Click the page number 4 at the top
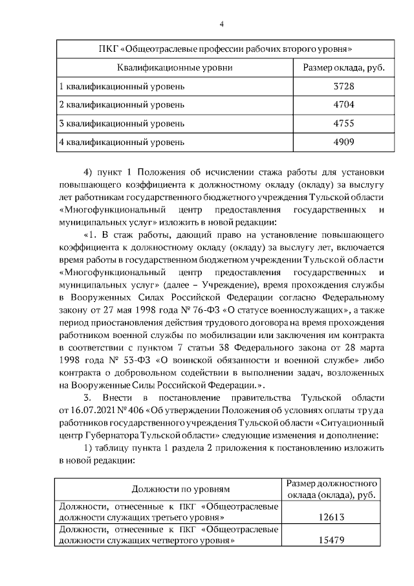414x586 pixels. tap(221, 25)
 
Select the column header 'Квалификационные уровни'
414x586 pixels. tap(175, 67)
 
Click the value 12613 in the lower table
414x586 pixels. tap(331, 518)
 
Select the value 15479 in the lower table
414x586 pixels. tap(331, 541)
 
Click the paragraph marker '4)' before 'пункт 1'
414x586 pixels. tap(89, 172)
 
